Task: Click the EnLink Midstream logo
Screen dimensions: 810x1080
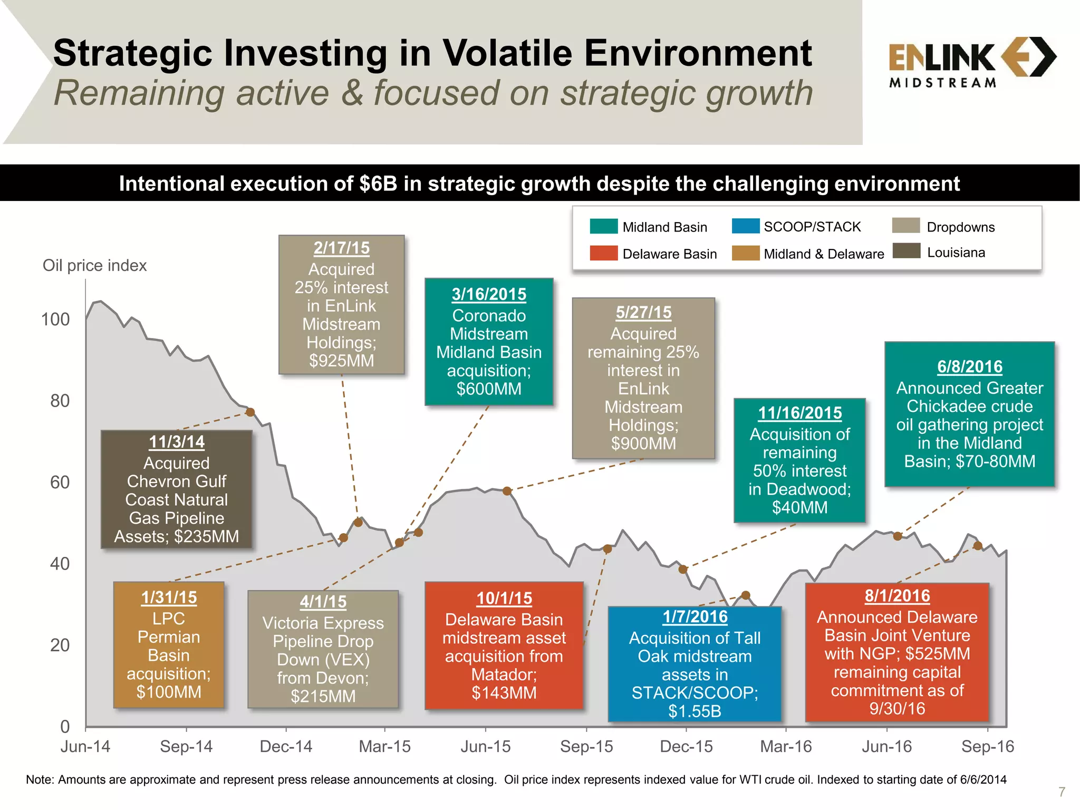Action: tap(971, 62)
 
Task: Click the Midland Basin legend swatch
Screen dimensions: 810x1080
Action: tap(604, 226)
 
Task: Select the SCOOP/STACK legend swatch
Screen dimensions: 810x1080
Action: tap(746, 226)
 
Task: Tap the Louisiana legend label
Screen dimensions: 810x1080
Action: tap(956, 253)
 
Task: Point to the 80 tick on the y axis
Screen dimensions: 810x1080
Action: tap(60, 401)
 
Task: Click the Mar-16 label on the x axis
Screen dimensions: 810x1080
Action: tap(786, 747)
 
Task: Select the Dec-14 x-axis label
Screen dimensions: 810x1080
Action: tap(286, 747)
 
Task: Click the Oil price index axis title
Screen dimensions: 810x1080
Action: tap(94, 265)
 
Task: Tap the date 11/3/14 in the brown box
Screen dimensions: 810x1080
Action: tap(177, 442)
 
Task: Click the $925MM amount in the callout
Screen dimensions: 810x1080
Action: tap(341, 361)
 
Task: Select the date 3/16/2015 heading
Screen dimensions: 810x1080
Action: tap(489, 294)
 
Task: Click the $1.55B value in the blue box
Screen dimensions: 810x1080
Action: tap(695, 711)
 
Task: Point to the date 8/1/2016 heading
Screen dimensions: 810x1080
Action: tap(897, 596)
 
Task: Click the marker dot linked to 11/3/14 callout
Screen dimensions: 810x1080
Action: tap(250, 412)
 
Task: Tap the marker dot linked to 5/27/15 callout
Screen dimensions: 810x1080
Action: tap(507, 491)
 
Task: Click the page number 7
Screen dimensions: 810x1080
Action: tap(1062, 792)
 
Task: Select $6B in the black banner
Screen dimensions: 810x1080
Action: tap(378, 184)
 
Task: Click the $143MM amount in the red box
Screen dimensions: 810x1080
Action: tap(504, 693)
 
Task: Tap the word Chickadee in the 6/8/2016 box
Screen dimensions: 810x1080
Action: tap(969, 407)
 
